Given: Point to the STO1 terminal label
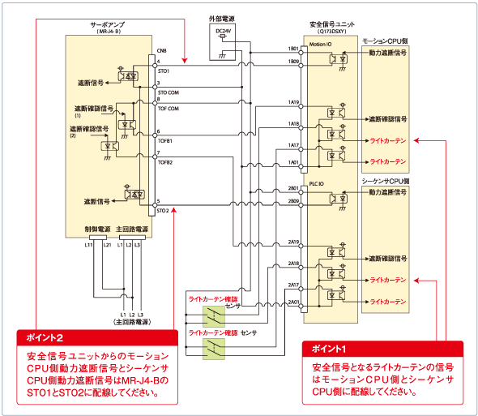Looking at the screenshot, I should coord(164,72).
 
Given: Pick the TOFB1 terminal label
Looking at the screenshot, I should coord(165,140).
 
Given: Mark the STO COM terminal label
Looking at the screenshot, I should coord(169,93).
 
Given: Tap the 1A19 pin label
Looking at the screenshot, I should coord(293,103).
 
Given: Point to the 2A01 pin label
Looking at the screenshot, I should coord(293,302).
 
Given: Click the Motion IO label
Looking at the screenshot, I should coord(321,44).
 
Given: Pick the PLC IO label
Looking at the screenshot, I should coord(318,184).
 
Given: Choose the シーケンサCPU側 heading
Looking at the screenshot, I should coord(386,179).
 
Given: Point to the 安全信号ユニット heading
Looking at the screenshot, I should coord(334,24).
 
